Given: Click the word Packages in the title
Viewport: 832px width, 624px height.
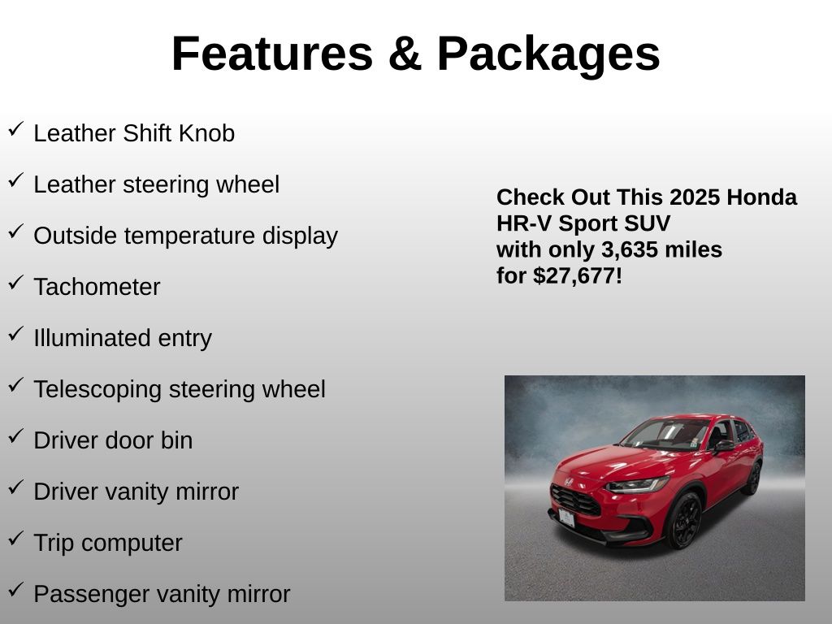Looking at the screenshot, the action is point(548,54).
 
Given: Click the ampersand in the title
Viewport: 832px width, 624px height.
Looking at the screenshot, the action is point(405,53).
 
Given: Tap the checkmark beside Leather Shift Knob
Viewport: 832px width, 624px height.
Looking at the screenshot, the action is point(16,129).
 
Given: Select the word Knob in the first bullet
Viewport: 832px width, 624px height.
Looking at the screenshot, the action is point(207,133).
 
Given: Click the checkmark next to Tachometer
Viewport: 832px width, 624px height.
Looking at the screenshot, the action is point(16,282).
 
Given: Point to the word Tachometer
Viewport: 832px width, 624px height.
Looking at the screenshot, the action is point(97,287).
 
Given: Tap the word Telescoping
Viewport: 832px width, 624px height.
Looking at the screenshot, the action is point(97,390).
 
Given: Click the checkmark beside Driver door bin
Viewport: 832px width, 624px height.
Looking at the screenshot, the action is point(16,436).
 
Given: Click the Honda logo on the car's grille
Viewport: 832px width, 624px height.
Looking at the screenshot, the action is point(569,482).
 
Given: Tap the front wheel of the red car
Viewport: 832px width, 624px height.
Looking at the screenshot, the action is point(684,520).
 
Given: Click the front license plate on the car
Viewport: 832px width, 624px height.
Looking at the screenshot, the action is point(566,518).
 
